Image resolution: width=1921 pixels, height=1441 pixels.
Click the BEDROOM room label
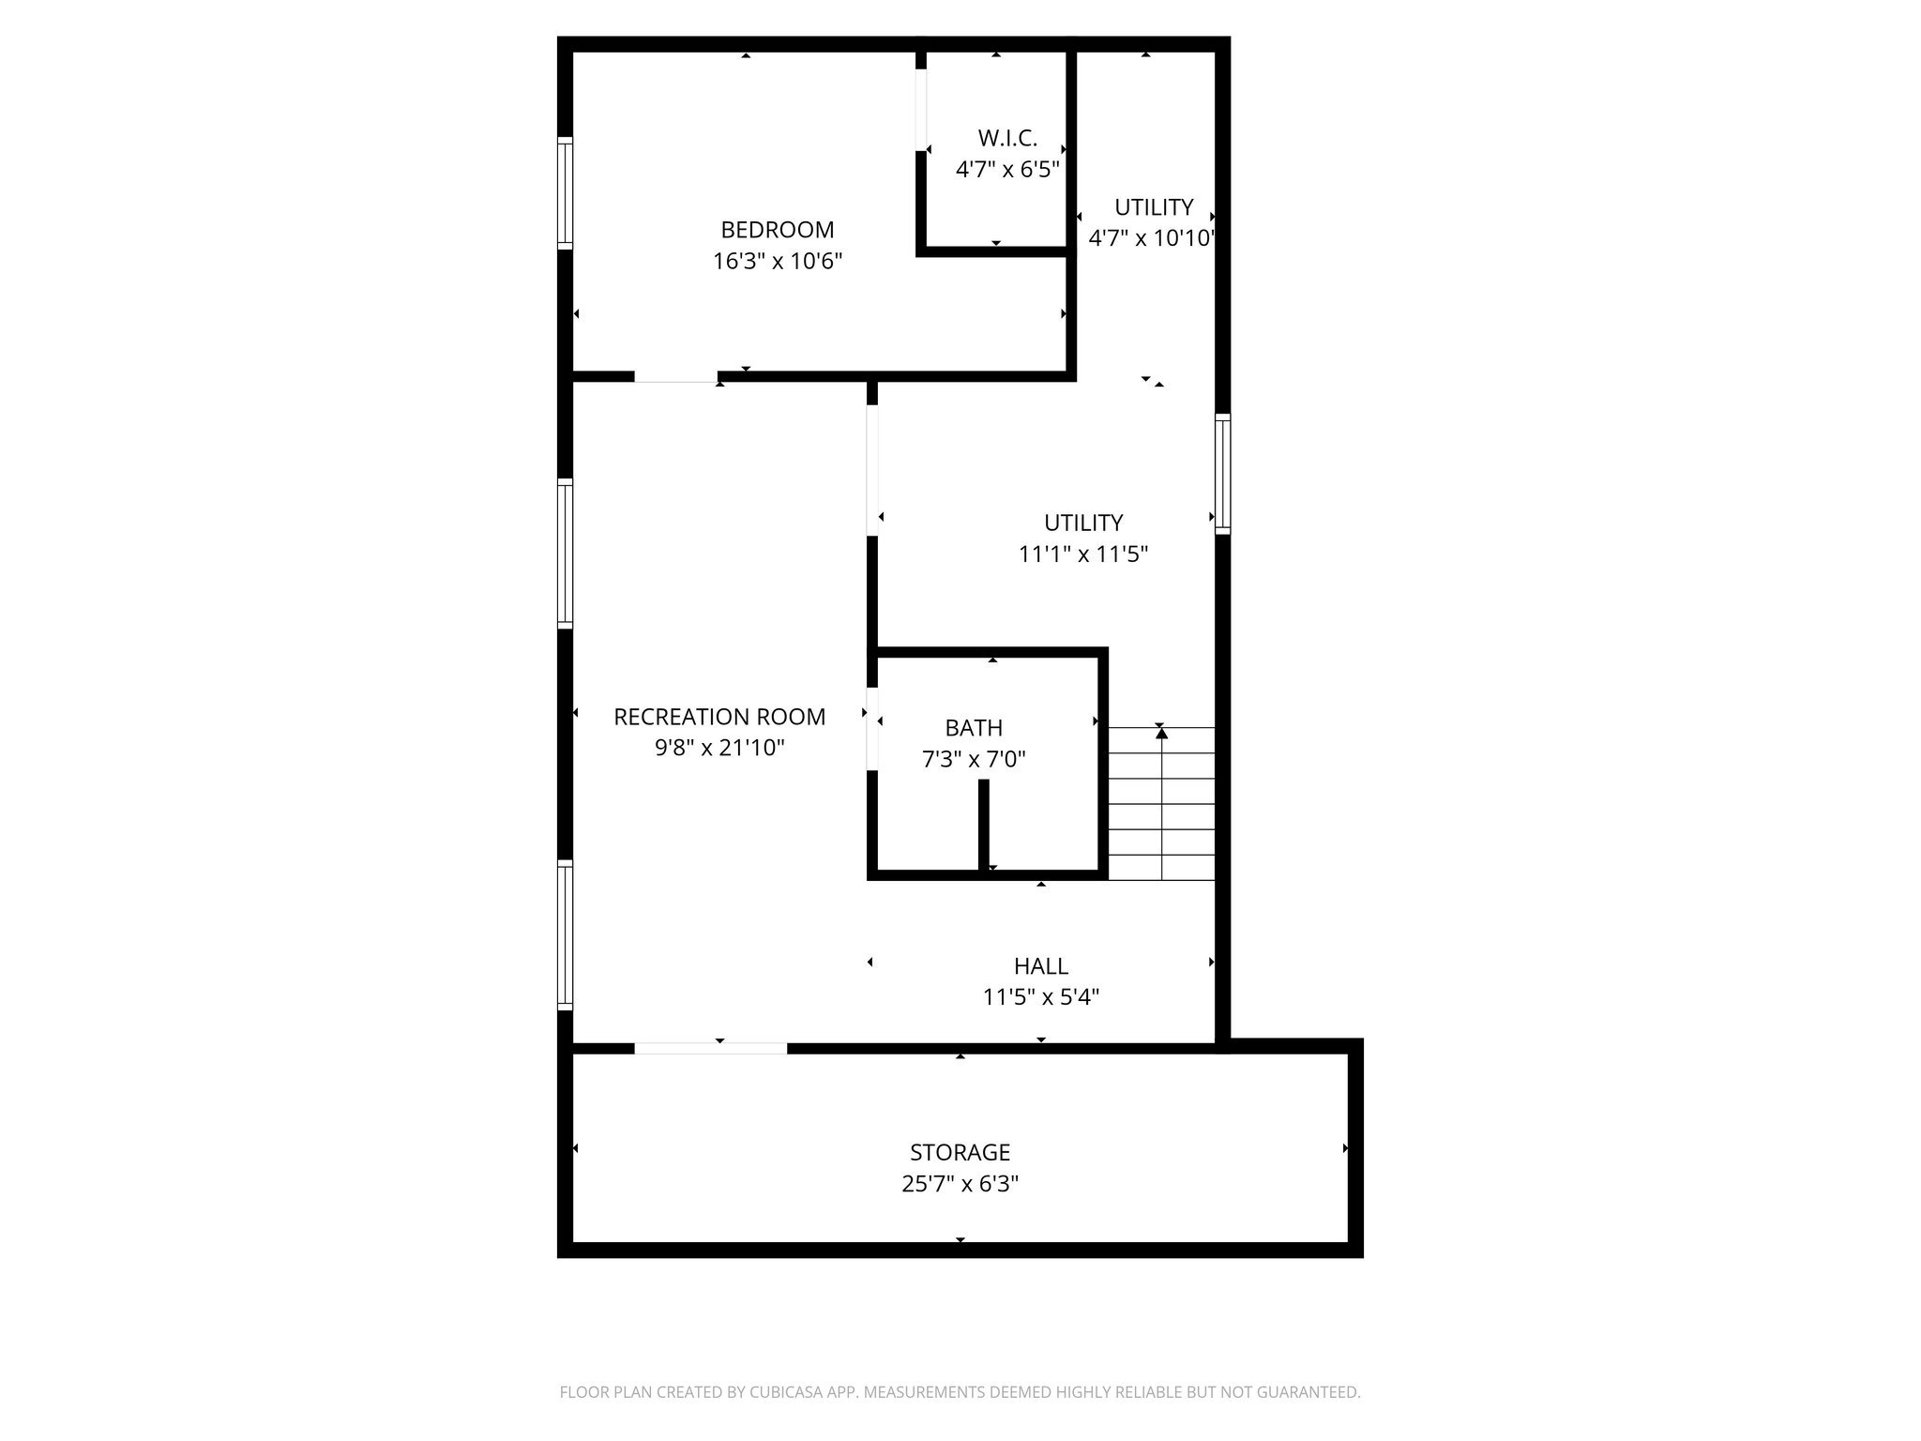[x=777, y=230]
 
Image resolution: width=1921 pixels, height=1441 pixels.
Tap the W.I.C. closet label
[x=1007, y=139]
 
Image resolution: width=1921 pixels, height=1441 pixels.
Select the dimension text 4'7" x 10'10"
[x=1152, y=238]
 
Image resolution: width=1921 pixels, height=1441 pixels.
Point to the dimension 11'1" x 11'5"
[x=1083, y=554]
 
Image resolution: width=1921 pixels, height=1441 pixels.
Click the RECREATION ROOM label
[x=719, y=717]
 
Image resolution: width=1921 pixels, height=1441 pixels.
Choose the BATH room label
[x=974, y=728]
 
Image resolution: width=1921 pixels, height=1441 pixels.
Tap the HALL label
[x=1040, y=966]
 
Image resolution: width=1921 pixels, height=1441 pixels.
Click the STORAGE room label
[x=960, y=1152]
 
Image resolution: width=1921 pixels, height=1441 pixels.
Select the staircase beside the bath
[x=1161, y=803]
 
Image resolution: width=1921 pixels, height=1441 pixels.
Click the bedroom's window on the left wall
[x=565, y=193]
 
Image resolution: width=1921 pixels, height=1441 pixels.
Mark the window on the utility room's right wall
[x=1222, y=474]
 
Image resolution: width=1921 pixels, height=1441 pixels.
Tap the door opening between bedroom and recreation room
[x=675, y=377]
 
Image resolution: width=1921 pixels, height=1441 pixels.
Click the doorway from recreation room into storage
[x=710, y=1048]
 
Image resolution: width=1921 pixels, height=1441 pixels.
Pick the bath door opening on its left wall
[x=872, y=730]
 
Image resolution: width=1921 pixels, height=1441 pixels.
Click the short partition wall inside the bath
[x=983, y=826]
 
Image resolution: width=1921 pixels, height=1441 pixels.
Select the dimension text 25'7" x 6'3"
[x=960, y=1184]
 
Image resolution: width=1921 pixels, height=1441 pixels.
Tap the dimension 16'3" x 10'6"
[x=777, y=261]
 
